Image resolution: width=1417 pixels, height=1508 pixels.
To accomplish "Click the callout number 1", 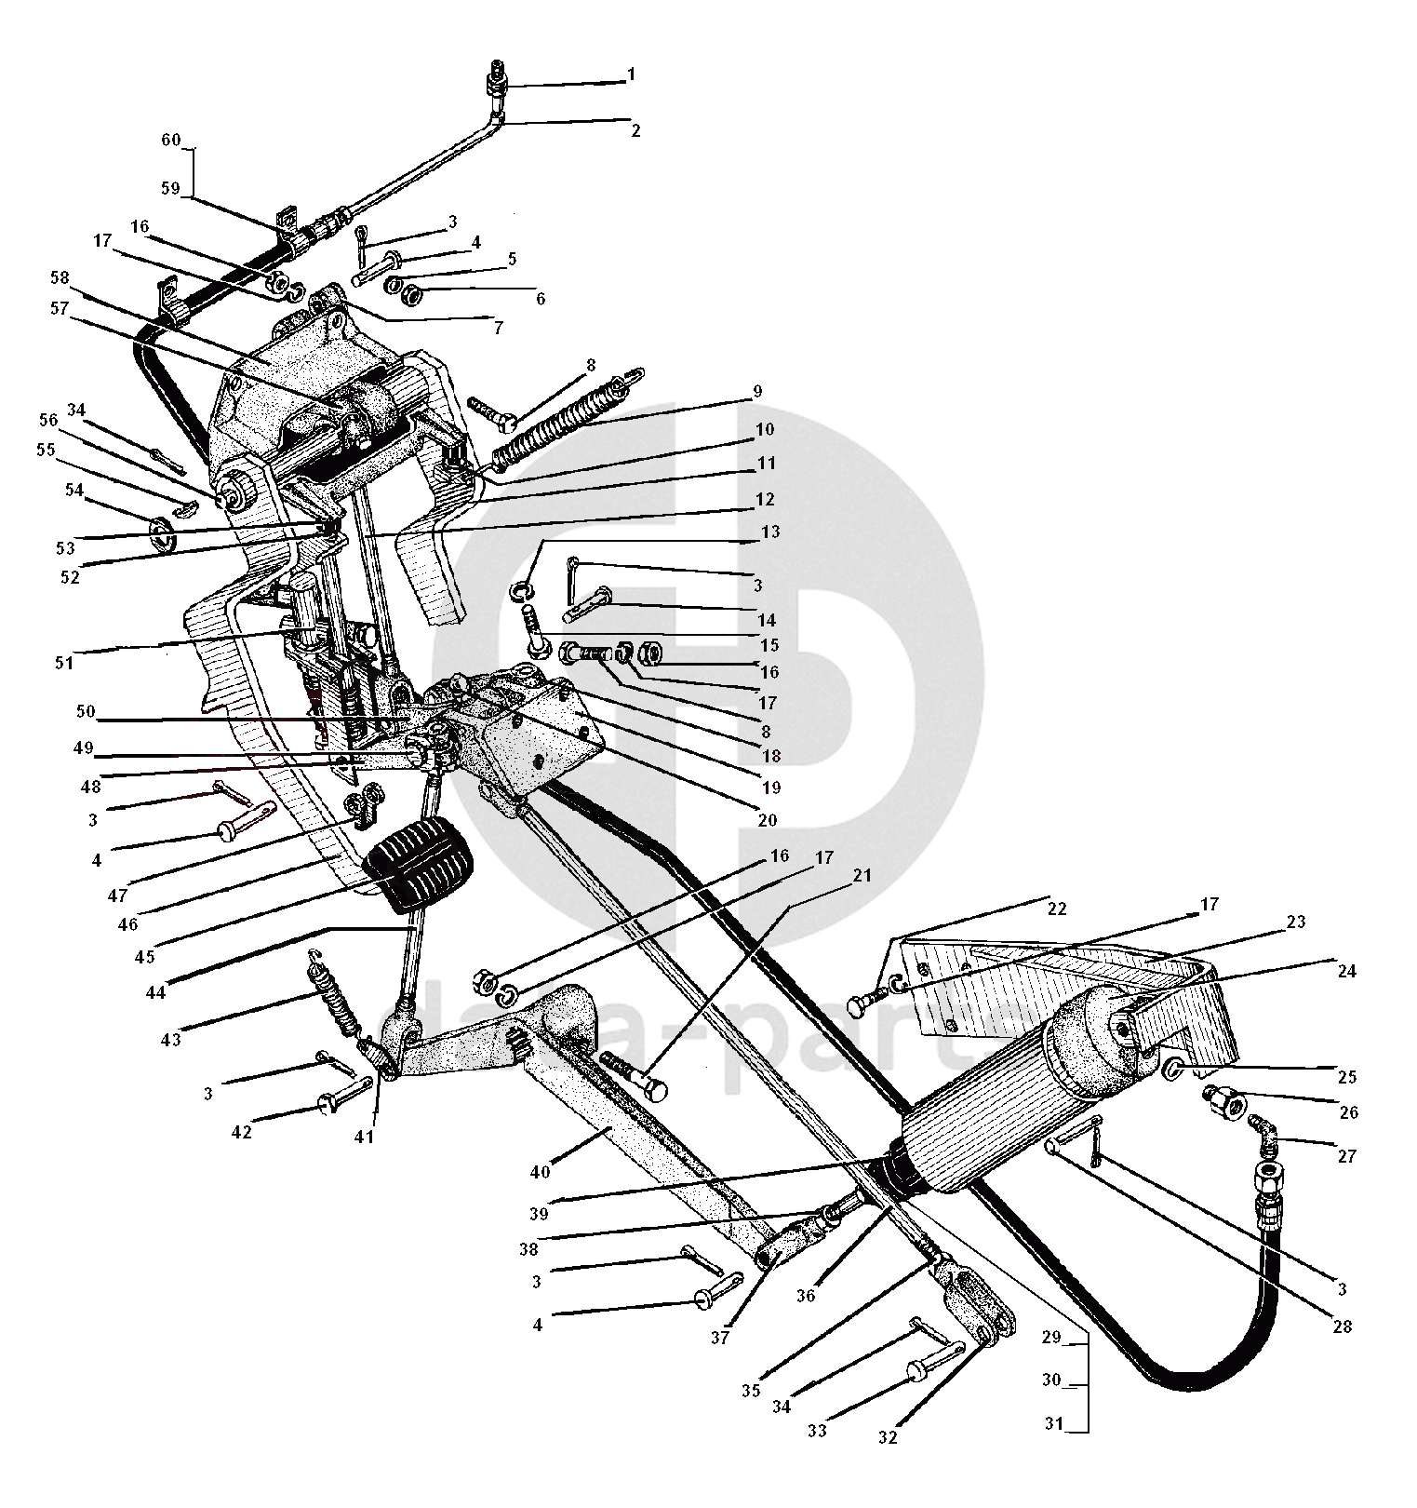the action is pyautogui.click(x=631, y=74).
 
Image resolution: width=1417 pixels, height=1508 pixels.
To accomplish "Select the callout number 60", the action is pyautogui.click(x=171, y=141).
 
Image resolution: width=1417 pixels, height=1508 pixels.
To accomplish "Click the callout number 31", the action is pyautogui.click(x=1051, y=1424).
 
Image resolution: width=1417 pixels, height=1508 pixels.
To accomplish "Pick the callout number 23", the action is pyautogui.click(x=1296, y=922).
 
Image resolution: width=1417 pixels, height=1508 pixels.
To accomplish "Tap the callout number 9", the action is pyautogui.click(x=757, y=392).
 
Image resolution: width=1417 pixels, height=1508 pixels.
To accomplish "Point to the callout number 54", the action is pyautogui.click(x=74, y=490).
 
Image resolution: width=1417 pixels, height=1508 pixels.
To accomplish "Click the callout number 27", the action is pyautogui.click(x=1348, y=1156).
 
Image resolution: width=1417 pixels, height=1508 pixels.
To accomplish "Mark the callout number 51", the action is pyautogui.click(x=64, y=663).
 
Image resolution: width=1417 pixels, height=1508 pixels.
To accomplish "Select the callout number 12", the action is pyautogui.click(x=764, y=500).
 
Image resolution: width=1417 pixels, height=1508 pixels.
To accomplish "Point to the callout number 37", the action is pyautogui.click(x=721, y=1339).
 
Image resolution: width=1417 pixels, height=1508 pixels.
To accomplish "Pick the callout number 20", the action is pyautogui.click(x=767, y=821).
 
